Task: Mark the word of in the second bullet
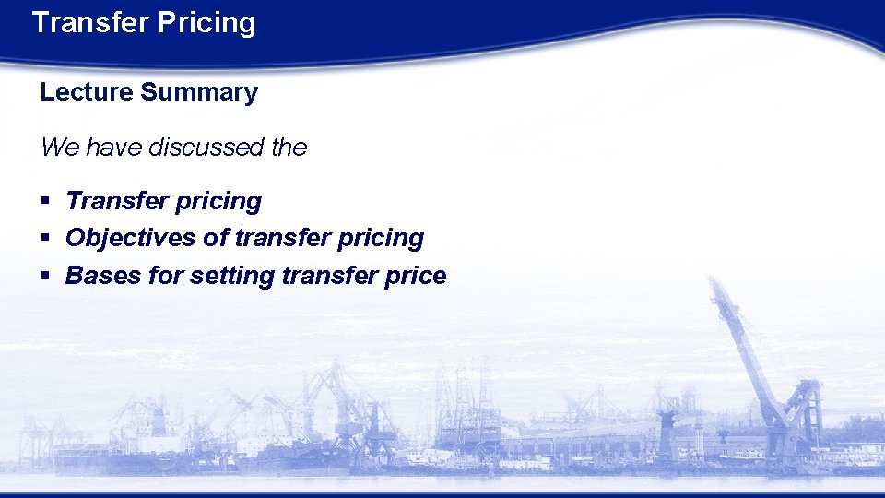coord(215,238)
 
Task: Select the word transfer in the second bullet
coord(286,238)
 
